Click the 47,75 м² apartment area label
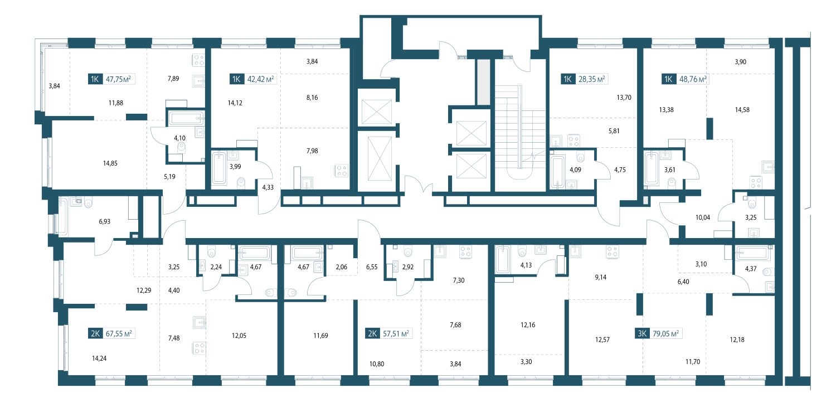click(118, 79)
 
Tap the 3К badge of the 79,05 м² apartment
click(642, 333)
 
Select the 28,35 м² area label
click(591, 79)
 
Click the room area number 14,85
click(110, 163)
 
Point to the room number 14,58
click(742, 110)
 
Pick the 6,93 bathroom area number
click(105, 221)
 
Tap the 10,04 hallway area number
click(703, 217)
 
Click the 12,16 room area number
click(528, 324)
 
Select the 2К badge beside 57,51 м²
click(372, 333)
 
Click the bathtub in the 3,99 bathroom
click(219, 168)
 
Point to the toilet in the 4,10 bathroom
click(182, 149)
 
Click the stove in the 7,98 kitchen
click(342, 171)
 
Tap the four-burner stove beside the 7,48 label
click(200, 348)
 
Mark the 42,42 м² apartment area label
click(260, 79)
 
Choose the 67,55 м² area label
click(119, 333)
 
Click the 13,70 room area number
click(624, 98)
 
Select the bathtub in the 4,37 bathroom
click(753, 254)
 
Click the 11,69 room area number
click(320, 336)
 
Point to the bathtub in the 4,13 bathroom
click(503, 259)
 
